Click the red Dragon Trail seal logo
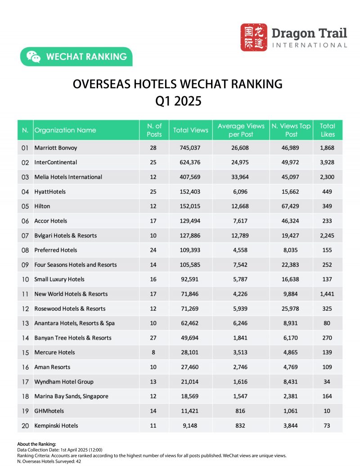click(254, 37)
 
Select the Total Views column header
click(191, 130)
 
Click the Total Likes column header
click(327, 130)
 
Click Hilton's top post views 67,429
click(291, 206)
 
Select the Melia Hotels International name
click(68, 177)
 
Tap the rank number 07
click(25, 236)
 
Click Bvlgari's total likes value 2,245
click(327, 236)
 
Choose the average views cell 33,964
click(241, 177)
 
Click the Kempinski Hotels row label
click(56, 425)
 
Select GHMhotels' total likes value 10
click(327, 411)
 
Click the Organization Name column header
click(65, 130)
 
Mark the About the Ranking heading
click(36, 444)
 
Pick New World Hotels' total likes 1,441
click(327, 294)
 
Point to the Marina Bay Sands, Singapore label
click(71, 396)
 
